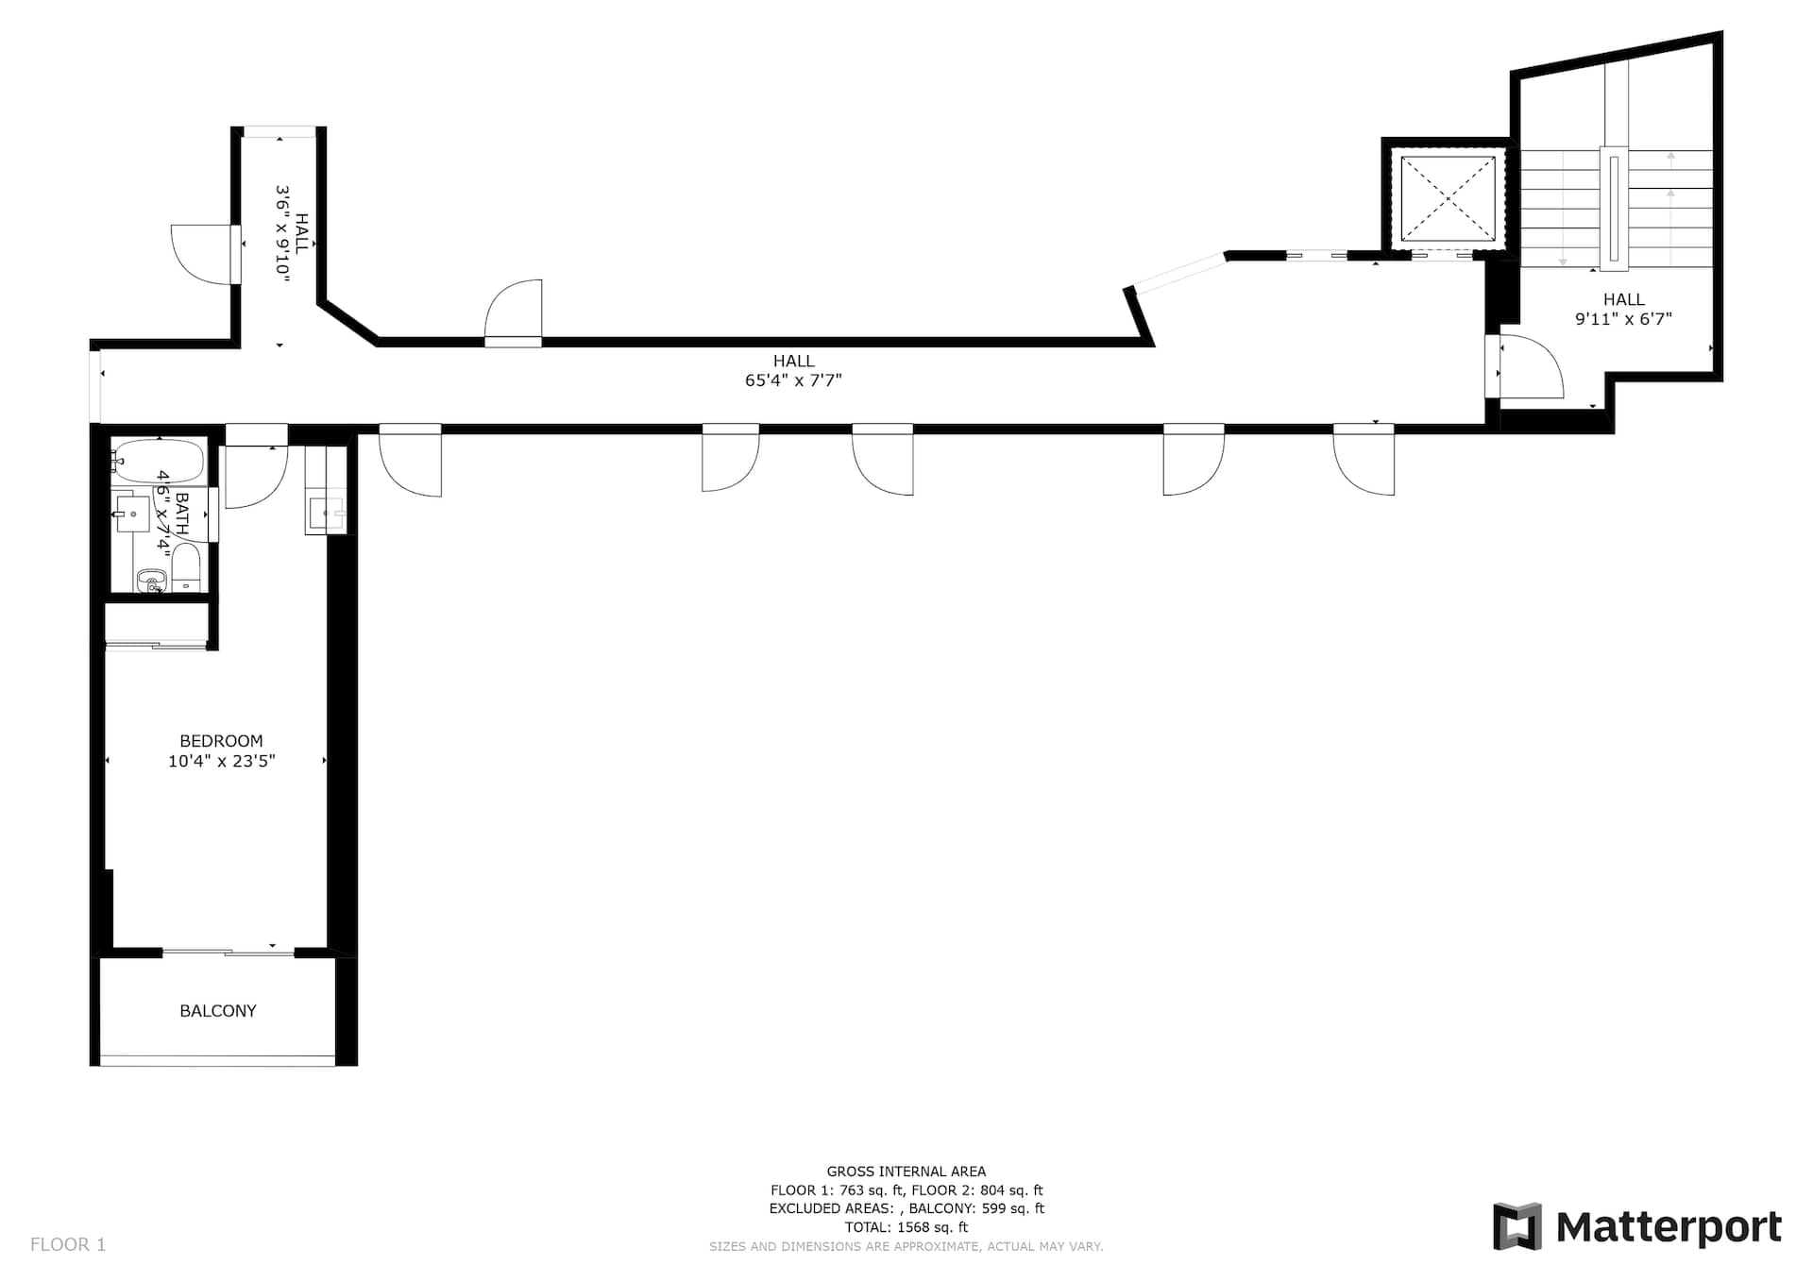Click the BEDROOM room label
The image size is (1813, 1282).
(221, 741)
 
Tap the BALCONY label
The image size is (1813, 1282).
(218, 1011)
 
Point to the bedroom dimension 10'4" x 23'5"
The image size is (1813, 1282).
(221, 761)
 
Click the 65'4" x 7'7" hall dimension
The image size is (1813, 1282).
(793, 380)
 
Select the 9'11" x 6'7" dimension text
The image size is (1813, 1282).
(1623, 319)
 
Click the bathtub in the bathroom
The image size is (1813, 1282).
(158, 461)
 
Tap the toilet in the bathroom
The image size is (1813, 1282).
(186, 566)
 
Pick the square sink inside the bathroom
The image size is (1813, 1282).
(132, 514)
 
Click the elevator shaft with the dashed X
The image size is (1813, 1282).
(1448, 199)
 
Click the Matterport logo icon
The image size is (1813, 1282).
(1516, 1226)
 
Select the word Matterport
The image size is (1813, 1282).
(1669, 1227)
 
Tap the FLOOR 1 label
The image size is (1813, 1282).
(68, 1244)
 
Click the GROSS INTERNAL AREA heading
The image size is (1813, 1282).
(906, 1172)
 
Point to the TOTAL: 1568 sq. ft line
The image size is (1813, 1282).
(906, 1227)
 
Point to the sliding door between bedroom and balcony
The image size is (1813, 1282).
(228, 952)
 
